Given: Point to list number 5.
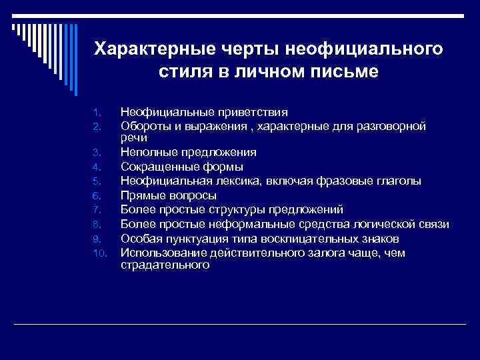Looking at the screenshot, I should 97,181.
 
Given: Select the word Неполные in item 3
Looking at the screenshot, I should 147,152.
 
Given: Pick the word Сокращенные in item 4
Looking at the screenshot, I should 159,167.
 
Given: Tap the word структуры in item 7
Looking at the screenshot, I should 235,210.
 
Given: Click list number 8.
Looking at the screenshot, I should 97,225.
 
